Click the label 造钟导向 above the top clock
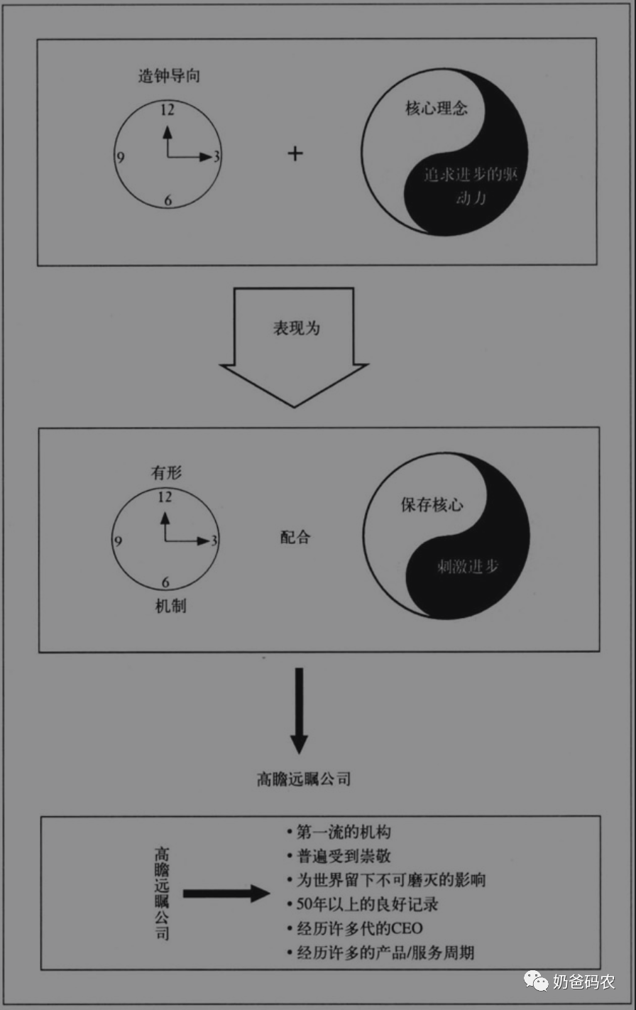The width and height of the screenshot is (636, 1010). tap(168, 76)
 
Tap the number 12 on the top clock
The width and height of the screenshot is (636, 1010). tap(168, 110)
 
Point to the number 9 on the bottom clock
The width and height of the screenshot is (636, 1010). tap(118, 541)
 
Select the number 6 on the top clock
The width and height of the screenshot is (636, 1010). tap(168, 200)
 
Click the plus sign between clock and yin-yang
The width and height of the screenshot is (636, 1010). tap(295, 153)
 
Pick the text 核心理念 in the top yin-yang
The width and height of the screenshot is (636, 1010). tap(437, 110)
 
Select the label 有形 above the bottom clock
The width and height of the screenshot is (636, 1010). tap(165, 473)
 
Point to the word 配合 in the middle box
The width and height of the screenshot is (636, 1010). tap(295, 537)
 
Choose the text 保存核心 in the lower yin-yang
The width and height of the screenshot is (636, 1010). tap(432, 506)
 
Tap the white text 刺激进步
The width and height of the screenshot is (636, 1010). tap(467, 566)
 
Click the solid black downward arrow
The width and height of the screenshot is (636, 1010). tap(299, 710)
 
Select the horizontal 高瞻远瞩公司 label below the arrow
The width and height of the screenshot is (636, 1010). tap(304, 779)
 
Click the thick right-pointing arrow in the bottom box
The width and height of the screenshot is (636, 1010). tap(226, 893)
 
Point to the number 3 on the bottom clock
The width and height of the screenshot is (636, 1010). tap(214, 541)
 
